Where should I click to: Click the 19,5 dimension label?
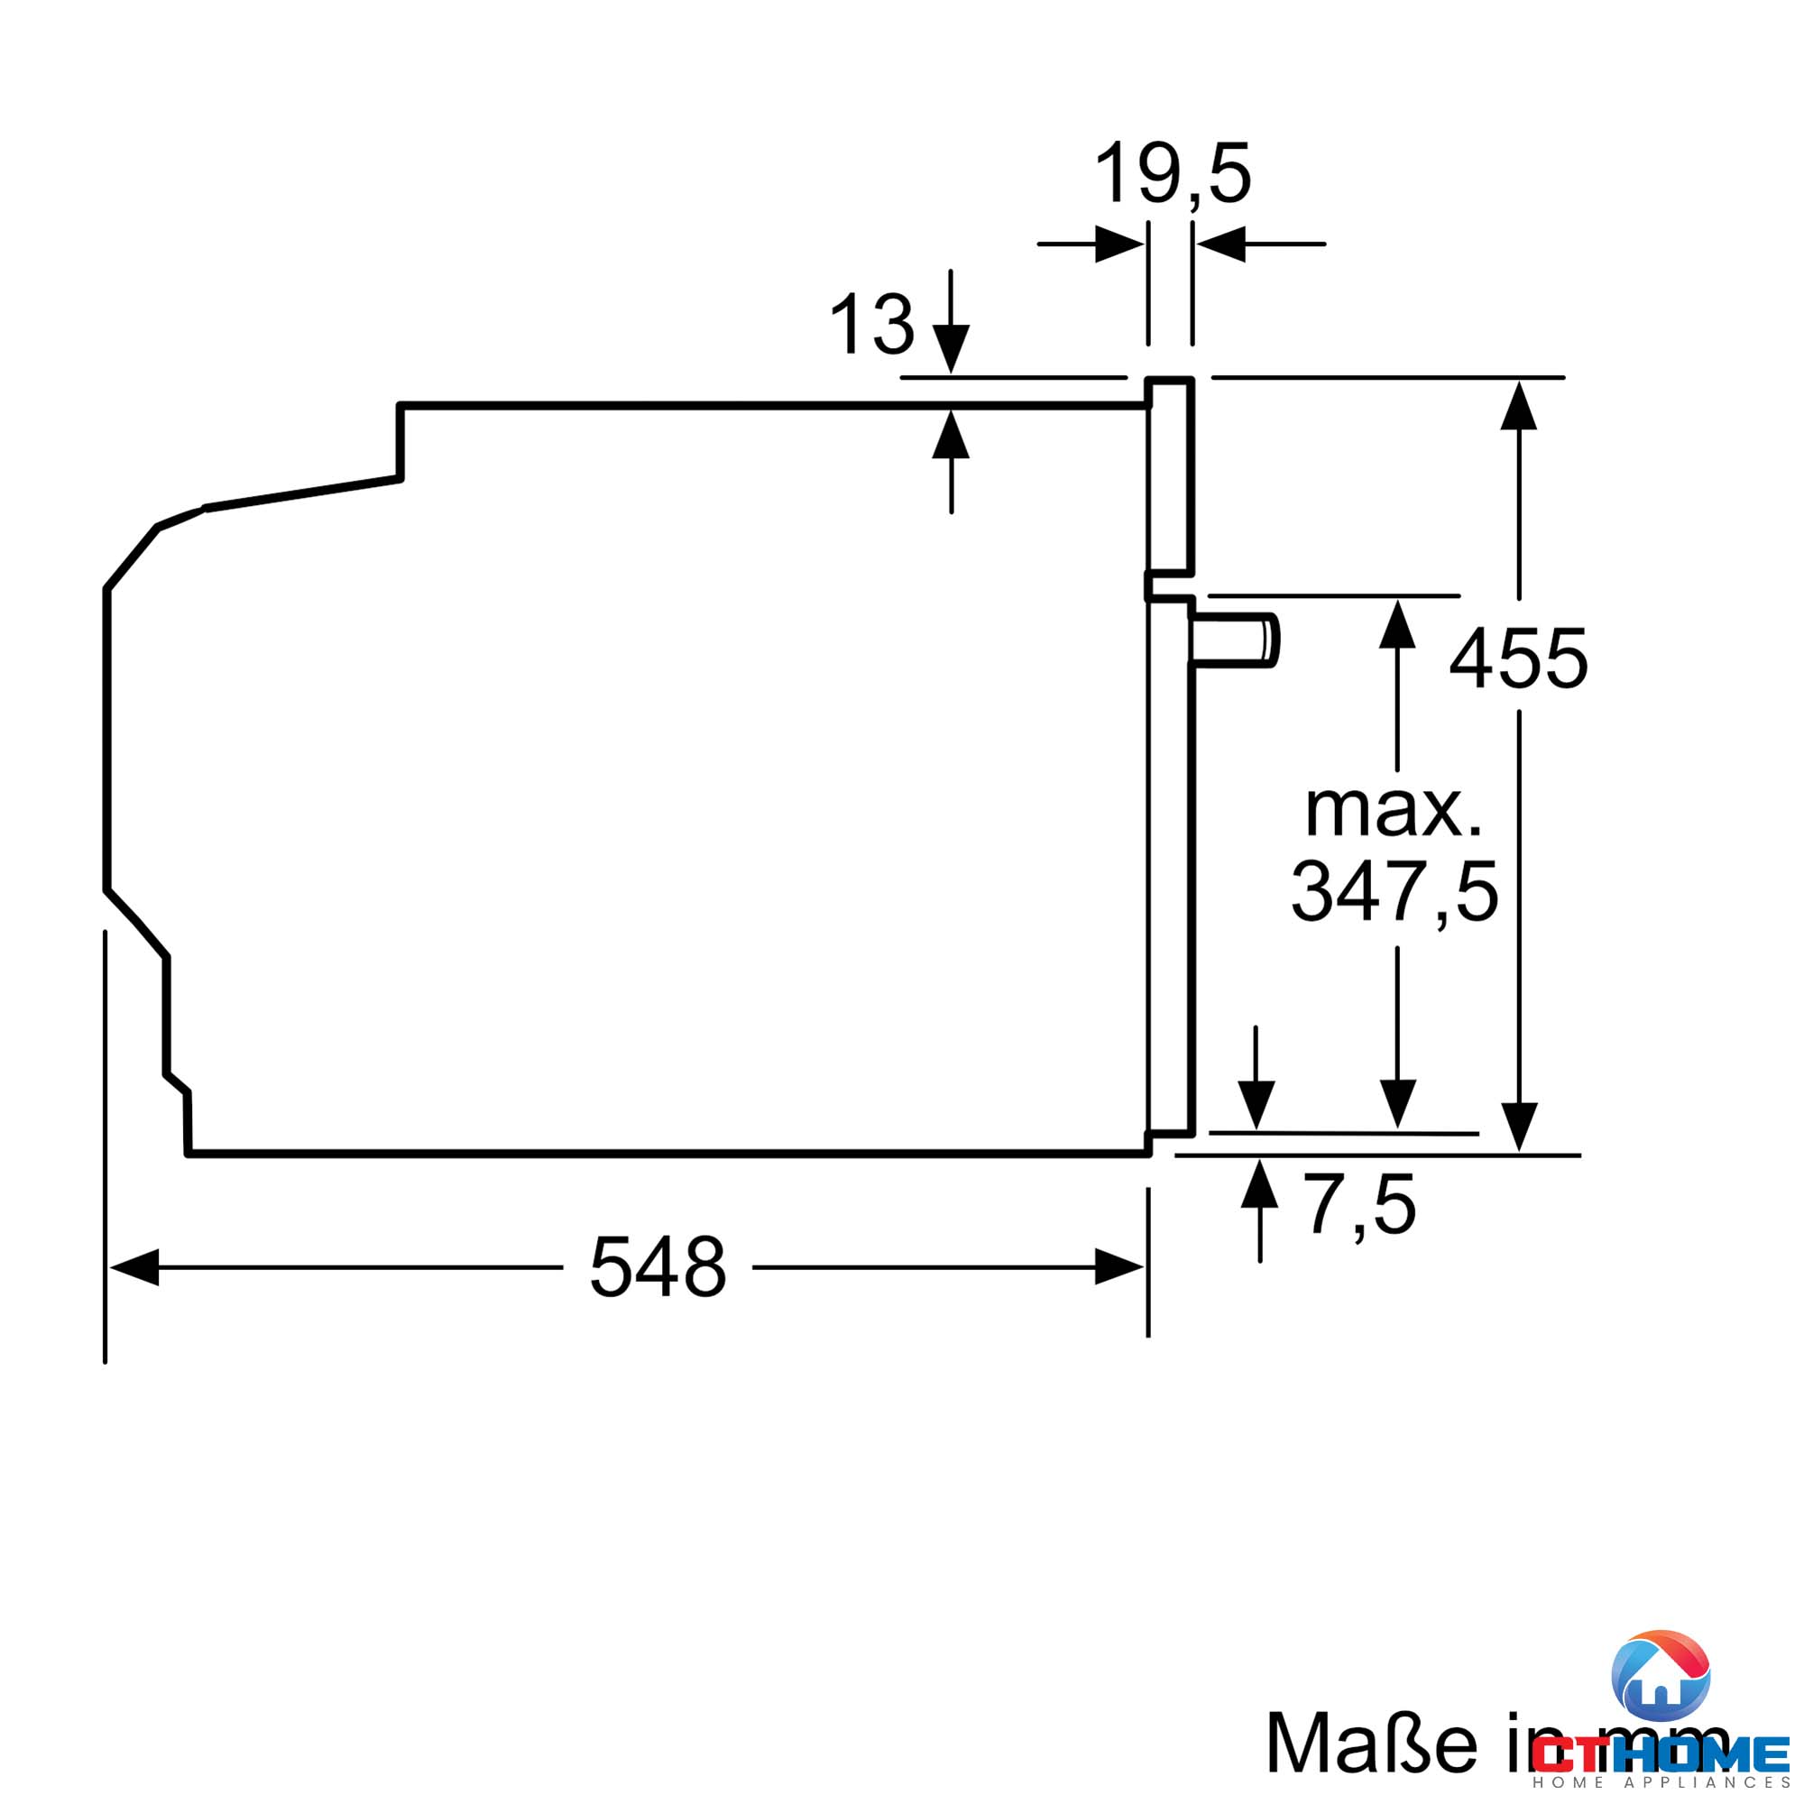pyautogui.click(x=1172, y=174)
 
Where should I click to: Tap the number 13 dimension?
pyautogui.click(x=871, y=324)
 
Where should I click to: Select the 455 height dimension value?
pyautogui.click(x=1518, y=659)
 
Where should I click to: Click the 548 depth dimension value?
pyautogui.click(x=658, y=1267)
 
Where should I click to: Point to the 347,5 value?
pyautogui.click(x=1394, y=892)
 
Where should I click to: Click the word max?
pyautogui.click(x=1394, y=811)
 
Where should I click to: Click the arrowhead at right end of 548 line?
pyautogui.click(x=1118, y=1267)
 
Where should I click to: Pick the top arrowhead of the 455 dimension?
pyautogui.click(x=1519, y=406)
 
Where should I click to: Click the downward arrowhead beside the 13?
pyautogui.click(x=951, y=348)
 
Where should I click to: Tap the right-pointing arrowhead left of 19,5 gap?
pyautogui.click(x=1118, y=244)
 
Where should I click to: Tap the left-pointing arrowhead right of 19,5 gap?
pyautogui.click(x=1221, y=244)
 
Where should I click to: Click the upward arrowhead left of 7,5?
pyautogui.click(x=1259, y=1184)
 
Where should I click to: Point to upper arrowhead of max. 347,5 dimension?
pyautogui.click(x=1397, y=625)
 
